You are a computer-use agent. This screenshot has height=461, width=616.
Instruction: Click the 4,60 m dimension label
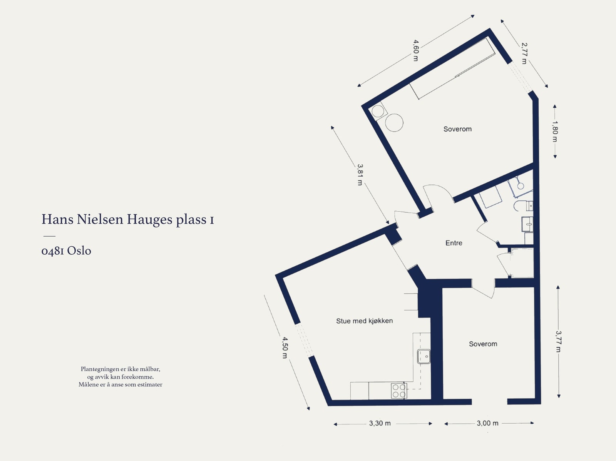tap(415, 50)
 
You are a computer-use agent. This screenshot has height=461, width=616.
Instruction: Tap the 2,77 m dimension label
tap(524, 53)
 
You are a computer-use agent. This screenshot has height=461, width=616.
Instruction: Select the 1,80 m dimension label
tap(555, 131)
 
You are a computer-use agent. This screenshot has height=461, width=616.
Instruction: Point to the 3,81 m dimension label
tap(360, 175)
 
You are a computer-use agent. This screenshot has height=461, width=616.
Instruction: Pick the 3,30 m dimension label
tap(380, 423)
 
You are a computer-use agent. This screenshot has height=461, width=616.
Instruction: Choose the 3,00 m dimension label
tap(487, 423)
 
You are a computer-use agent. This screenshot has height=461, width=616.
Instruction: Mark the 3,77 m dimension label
tap(558, 341)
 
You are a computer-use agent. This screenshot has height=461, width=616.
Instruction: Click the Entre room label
tap(454, 243)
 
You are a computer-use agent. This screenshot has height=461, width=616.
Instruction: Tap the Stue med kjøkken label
tap(364, 321)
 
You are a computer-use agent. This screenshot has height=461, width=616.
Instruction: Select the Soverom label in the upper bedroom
tap(457, 129)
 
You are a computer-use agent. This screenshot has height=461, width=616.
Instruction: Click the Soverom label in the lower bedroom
tap(483, 344)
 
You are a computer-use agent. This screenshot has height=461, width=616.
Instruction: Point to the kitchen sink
tap(424, 356)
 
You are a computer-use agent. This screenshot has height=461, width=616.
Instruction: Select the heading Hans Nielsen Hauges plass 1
tap(127, 219)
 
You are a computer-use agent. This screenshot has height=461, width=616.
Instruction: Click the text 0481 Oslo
tap(66, 251)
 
